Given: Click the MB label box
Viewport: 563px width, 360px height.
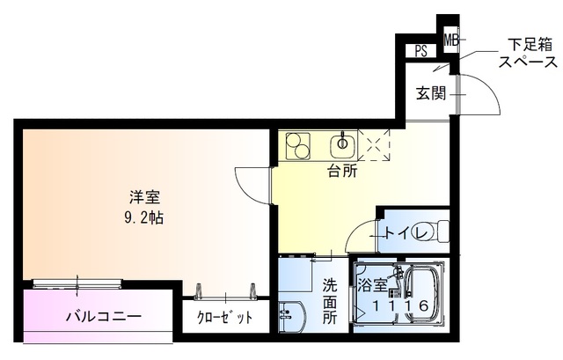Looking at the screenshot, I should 450,40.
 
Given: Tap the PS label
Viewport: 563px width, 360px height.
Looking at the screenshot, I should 421,51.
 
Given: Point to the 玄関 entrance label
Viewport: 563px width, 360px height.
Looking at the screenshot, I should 431,92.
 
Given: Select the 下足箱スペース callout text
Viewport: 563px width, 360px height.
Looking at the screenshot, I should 527,53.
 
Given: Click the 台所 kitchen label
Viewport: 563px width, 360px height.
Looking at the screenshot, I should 342,172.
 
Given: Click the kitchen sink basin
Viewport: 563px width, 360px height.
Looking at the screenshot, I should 341,144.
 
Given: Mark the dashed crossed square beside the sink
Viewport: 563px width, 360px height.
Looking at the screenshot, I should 376,145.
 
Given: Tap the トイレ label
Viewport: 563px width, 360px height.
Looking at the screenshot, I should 406,233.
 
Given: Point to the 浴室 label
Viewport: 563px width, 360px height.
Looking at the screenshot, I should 371,284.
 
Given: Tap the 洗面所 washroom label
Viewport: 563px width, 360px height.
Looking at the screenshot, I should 329,302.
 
